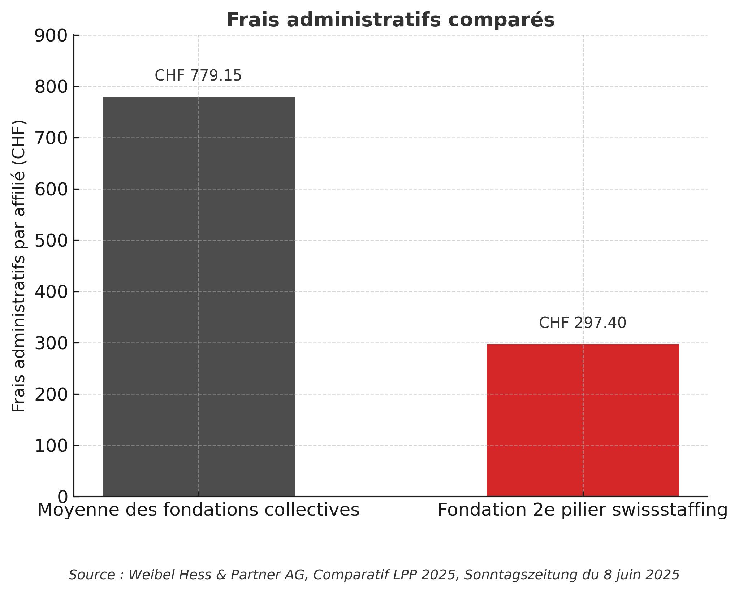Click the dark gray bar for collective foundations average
198,296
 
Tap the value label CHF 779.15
198,76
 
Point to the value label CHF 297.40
582,323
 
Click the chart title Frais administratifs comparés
390,20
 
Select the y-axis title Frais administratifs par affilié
19,266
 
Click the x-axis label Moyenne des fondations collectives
198,510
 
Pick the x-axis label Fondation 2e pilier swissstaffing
582,510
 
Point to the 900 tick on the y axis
51,36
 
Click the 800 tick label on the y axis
51,87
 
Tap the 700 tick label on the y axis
51,138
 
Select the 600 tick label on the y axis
51,190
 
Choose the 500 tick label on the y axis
51,241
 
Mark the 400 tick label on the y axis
51,292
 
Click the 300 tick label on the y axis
51,343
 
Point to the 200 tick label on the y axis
51,395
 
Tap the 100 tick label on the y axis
51,446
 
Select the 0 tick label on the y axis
62,497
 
